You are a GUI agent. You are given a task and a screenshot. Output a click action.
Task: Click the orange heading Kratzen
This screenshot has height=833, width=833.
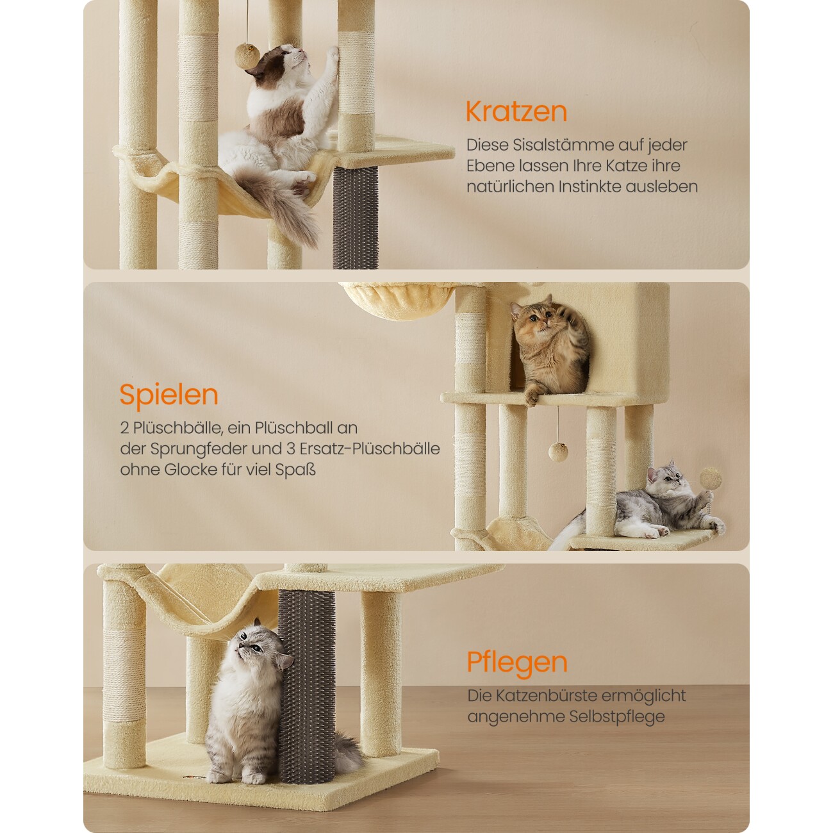point(516,111)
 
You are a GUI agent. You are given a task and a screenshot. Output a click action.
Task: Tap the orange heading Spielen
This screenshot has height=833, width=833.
point(169,395)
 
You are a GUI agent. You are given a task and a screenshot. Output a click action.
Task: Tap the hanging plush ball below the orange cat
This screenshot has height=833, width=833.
point(557,452)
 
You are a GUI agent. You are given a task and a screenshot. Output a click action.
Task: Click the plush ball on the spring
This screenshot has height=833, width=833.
point(711,478)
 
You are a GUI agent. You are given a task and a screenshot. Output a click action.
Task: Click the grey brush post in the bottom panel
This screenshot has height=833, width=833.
point(307,696)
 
